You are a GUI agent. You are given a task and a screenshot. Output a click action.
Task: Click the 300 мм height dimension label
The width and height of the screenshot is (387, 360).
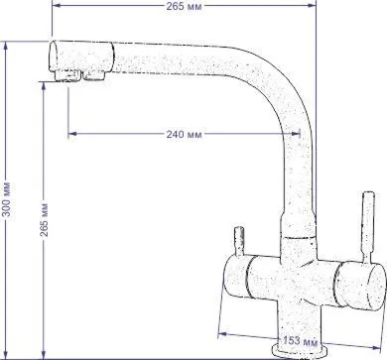pos(7,199)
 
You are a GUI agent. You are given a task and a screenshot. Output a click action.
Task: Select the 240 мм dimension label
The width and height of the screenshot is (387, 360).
pos(184,135)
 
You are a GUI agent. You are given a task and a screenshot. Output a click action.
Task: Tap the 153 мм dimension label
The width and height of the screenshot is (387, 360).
pos(300,340)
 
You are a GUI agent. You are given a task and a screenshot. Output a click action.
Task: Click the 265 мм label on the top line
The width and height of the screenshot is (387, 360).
pos(184,6)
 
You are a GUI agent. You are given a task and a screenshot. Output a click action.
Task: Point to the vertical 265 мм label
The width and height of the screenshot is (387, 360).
pos(44,220)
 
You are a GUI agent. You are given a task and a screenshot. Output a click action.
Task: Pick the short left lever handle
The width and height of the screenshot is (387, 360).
pos(239,241)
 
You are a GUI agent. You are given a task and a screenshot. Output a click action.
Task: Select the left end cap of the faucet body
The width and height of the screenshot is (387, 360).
pos(236,277)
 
